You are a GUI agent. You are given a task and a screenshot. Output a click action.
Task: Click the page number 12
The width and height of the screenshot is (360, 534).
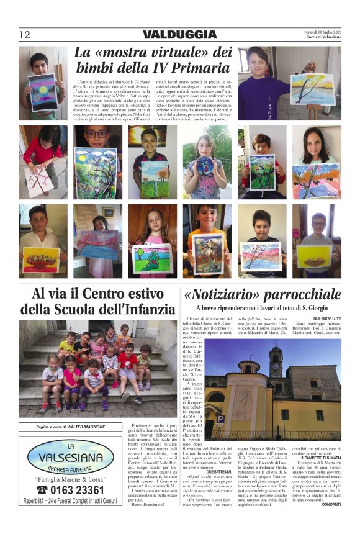24,35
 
